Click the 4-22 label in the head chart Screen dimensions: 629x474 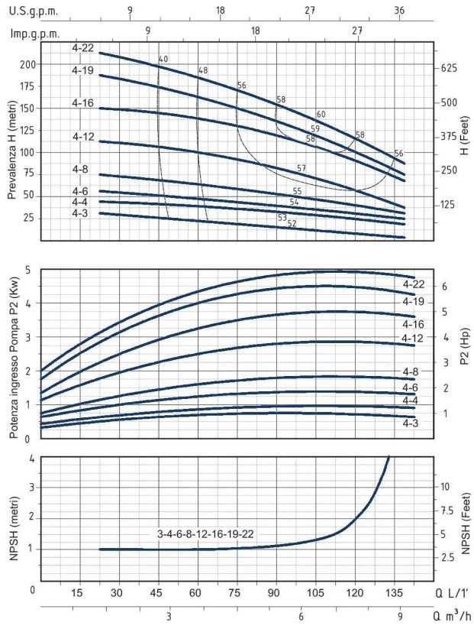click(x=84, y=48)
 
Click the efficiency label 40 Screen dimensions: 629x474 click(x=163, y=59)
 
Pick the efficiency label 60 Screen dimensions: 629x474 click(x=321, y=115)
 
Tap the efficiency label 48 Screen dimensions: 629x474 click(x=202, y=70)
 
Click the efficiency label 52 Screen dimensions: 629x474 click(x=292, y=223)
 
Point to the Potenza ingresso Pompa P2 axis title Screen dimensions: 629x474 click(x=13, y=353)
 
